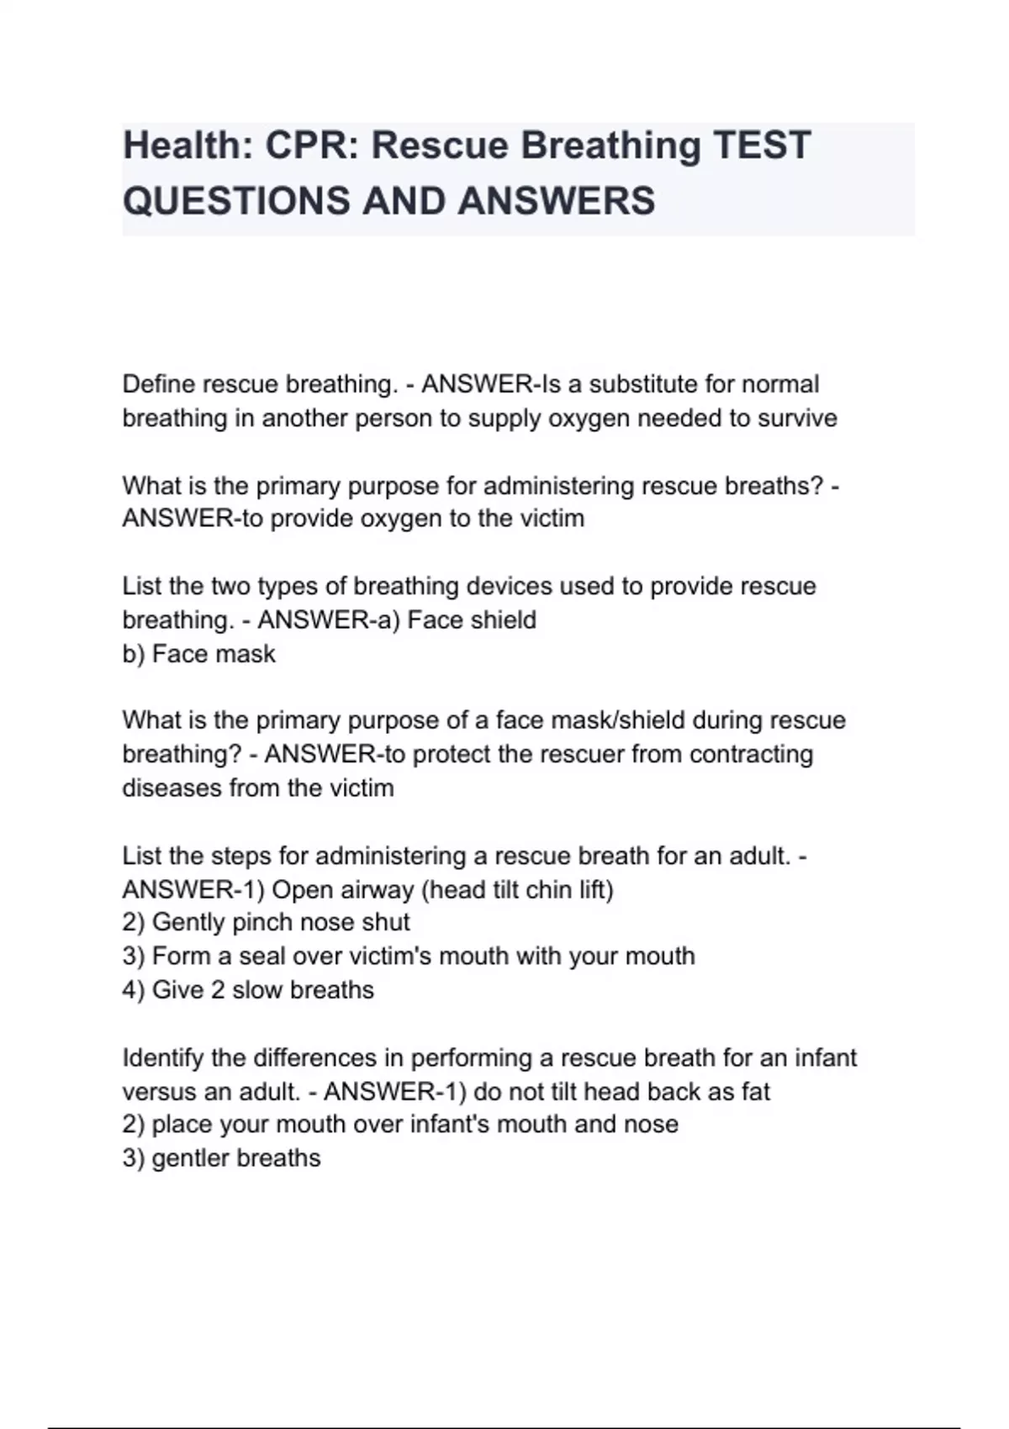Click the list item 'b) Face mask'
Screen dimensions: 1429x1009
click(x=198, y=653)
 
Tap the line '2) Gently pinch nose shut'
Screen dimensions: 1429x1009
click(x=266, y=922)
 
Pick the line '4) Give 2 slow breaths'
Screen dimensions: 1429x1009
click(x=248, y=989)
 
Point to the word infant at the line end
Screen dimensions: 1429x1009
click(x=825, y=1057)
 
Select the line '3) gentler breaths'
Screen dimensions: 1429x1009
click(x=221, y=1157)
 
